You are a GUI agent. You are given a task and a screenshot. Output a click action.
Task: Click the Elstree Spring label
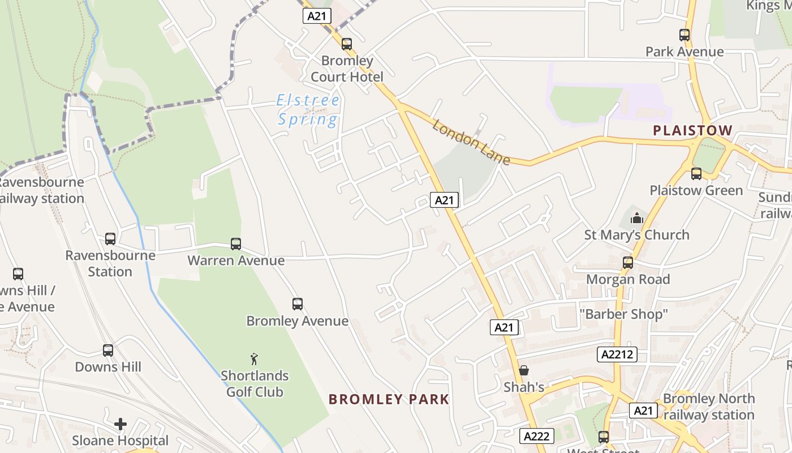pyautogui.click(x=309, y=110)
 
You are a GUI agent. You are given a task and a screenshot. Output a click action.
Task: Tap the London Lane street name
pyautogui.click(x=471, y=142)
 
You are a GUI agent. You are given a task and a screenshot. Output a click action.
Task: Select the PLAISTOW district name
pyautogui.click(x=692, y=130)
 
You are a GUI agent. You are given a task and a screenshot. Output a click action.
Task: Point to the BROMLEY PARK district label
pyautogui.click(x=389, y=399)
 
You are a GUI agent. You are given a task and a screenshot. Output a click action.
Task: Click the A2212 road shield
pyautogui.click(x=617, y=354)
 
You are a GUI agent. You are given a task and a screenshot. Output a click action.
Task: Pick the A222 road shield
pyautogui.click(x=536, y=436)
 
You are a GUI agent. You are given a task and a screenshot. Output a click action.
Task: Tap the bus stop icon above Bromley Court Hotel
pyautogui.click(x=347, y=44)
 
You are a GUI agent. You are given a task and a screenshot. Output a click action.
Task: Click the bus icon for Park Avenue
pyautogui.click(x=685, y=35)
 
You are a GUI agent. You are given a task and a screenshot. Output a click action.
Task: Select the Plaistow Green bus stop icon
pyautogui.click(x=696, y=174)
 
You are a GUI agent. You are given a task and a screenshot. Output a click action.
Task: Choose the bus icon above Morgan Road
pyautogui.click(x=628, y=263)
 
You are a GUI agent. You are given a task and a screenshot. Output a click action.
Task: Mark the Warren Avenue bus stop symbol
pyautogui.click(x=236, y=244)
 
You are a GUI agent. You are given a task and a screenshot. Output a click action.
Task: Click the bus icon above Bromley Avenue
pyautogui.click(x=298, y=304)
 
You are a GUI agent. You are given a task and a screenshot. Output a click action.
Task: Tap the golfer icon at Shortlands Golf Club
pyautogui.click(x=255, y=359)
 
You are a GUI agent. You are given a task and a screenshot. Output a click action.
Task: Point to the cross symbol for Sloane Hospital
pyautogui.click(x=120, y=424)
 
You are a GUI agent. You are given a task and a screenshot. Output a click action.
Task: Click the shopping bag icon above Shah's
pyautogui.click(x=524, y=370)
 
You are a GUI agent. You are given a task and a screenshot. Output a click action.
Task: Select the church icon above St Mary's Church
pyautogui.click(x=637, y=218)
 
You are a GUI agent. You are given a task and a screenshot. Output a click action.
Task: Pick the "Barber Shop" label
pyautogui.click(x=624, y=313)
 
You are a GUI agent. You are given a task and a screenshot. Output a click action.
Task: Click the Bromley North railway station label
pyautogui.click(x=709, y=407)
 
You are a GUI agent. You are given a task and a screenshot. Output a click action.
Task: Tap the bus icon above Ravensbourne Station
pyautogui.click(x=110, y=239)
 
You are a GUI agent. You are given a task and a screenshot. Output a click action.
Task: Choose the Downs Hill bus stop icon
pyautogui.click(x=108, y=351)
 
